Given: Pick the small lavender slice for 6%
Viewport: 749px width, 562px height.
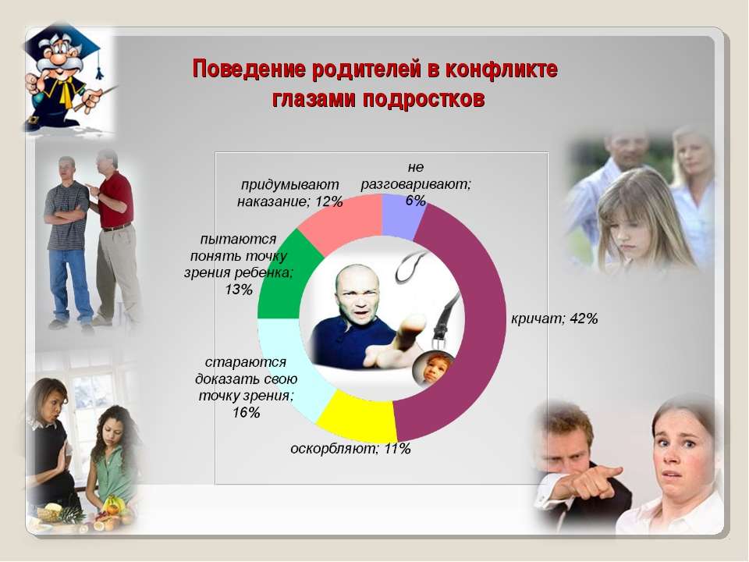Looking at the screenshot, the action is [401, 216].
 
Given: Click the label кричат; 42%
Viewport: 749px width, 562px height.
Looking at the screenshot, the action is [554, 318].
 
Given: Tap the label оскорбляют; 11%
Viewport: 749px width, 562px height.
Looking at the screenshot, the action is [350, 449].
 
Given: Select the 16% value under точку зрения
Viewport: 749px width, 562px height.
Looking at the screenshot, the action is [246, 412].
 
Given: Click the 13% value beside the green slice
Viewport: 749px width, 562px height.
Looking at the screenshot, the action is [239, 290].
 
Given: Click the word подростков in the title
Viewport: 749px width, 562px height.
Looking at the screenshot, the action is [424, 99].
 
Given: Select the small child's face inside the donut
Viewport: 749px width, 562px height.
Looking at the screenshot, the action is [432, 368].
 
